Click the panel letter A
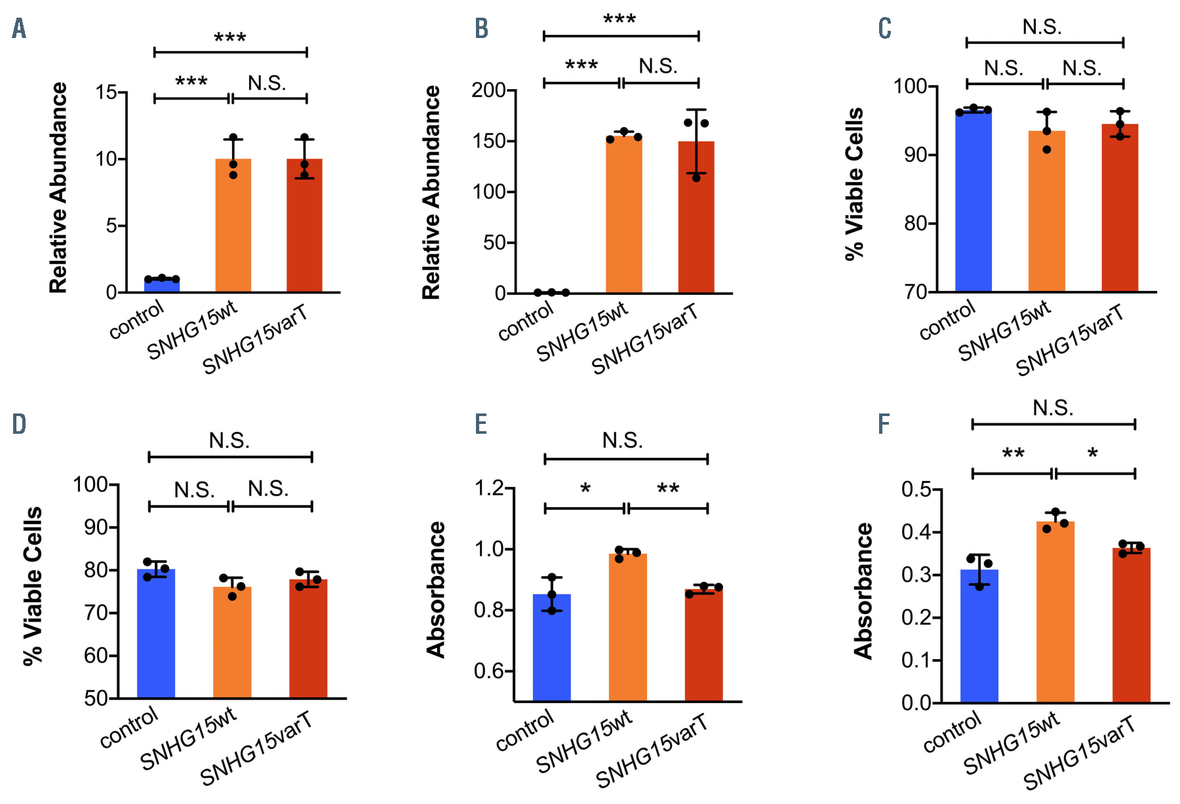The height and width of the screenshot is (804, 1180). [x=19, y=29]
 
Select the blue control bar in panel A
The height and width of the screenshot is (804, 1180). [x=162, y=286]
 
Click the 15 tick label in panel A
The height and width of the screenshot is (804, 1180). [x=106, y=92]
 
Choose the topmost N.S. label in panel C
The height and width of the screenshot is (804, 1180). [x=1042, y=28]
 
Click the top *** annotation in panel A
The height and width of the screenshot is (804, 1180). [x=230, y=39]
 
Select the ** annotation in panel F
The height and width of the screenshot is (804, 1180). [x=1013, y=453]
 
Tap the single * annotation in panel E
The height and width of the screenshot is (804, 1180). [x=585, y=489]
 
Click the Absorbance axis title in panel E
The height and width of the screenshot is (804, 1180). [x=436, y=590]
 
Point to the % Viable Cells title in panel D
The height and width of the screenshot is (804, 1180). [x=33, y=586]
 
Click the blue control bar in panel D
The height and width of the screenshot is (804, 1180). [x=156, y=634]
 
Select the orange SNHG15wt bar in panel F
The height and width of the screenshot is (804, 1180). [x=1055, y=612]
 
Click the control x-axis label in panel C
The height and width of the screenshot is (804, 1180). [x=947, y=320]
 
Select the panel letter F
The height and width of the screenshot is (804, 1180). [x=884, y=424]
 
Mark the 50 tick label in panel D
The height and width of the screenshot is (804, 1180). [x=96, y=699]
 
